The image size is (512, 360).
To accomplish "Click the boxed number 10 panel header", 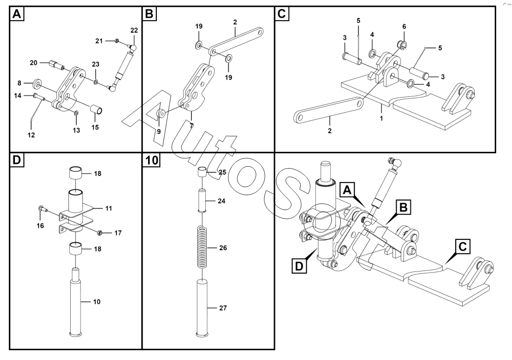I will (152, 160).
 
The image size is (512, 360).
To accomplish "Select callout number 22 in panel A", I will (134, 30).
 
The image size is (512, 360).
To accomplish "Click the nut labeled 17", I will (100, 231).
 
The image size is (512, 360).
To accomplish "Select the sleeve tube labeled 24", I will (202, 201).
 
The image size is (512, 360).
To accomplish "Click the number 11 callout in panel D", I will (109, 208).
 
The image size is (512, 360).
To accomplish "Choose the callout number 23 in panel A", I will (95, 64).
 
